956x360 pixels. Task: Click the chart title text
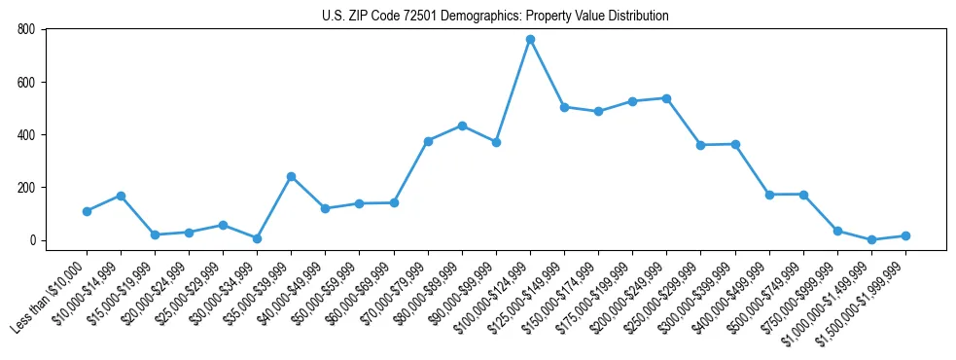(495, 17)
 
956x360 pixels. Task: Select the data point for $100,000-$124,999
(530, 40)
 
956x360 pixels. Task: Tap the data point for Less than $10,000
(87, 211)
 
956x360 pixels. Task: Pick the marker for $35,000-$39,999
(291, 176)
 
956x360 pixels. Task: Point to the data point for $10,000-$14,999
(121, 196)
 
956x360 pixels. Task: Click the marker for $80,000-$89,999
(462, 126)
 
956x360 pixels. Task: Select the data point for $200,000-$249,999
(666, 98)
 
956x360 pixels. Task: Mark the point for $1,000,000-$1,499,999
(871, 239)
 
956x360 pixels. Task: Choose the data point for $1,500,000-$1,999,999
(905, 235)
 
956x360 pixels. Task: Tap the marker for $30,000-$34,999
(257, 238)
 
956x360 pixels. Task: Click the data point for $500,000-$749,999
(803, 195)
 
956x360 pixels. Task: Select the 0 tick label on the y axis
(32, 240)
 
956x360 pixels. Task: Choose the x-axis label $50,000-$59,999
(322, 293)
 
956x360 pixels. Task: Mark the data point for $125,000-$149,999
(564, 107)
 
